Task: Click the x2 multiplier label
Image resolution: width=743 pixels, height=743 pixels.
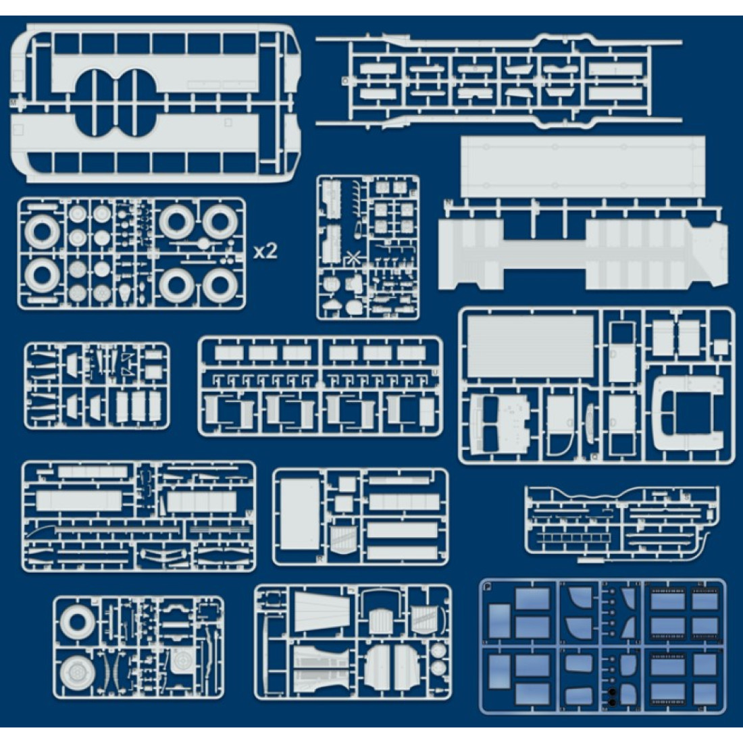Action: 265,251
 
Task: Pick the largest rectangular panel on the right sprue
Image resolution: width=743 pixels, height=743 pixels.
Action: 531,346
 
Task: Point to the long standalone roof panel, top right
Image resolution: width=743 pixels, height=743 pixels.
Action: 582,165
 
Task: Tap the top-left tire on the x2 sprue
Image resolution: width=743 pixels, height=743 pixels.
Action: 42,232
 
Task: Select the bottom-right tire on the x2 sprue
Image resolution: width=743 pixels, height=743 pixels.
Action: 220,286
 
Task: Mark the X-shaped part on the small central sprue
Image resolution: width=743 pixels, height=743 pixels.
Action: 351,257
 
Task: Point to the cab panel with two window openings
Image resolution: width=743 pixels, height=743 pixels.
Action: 501,424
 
